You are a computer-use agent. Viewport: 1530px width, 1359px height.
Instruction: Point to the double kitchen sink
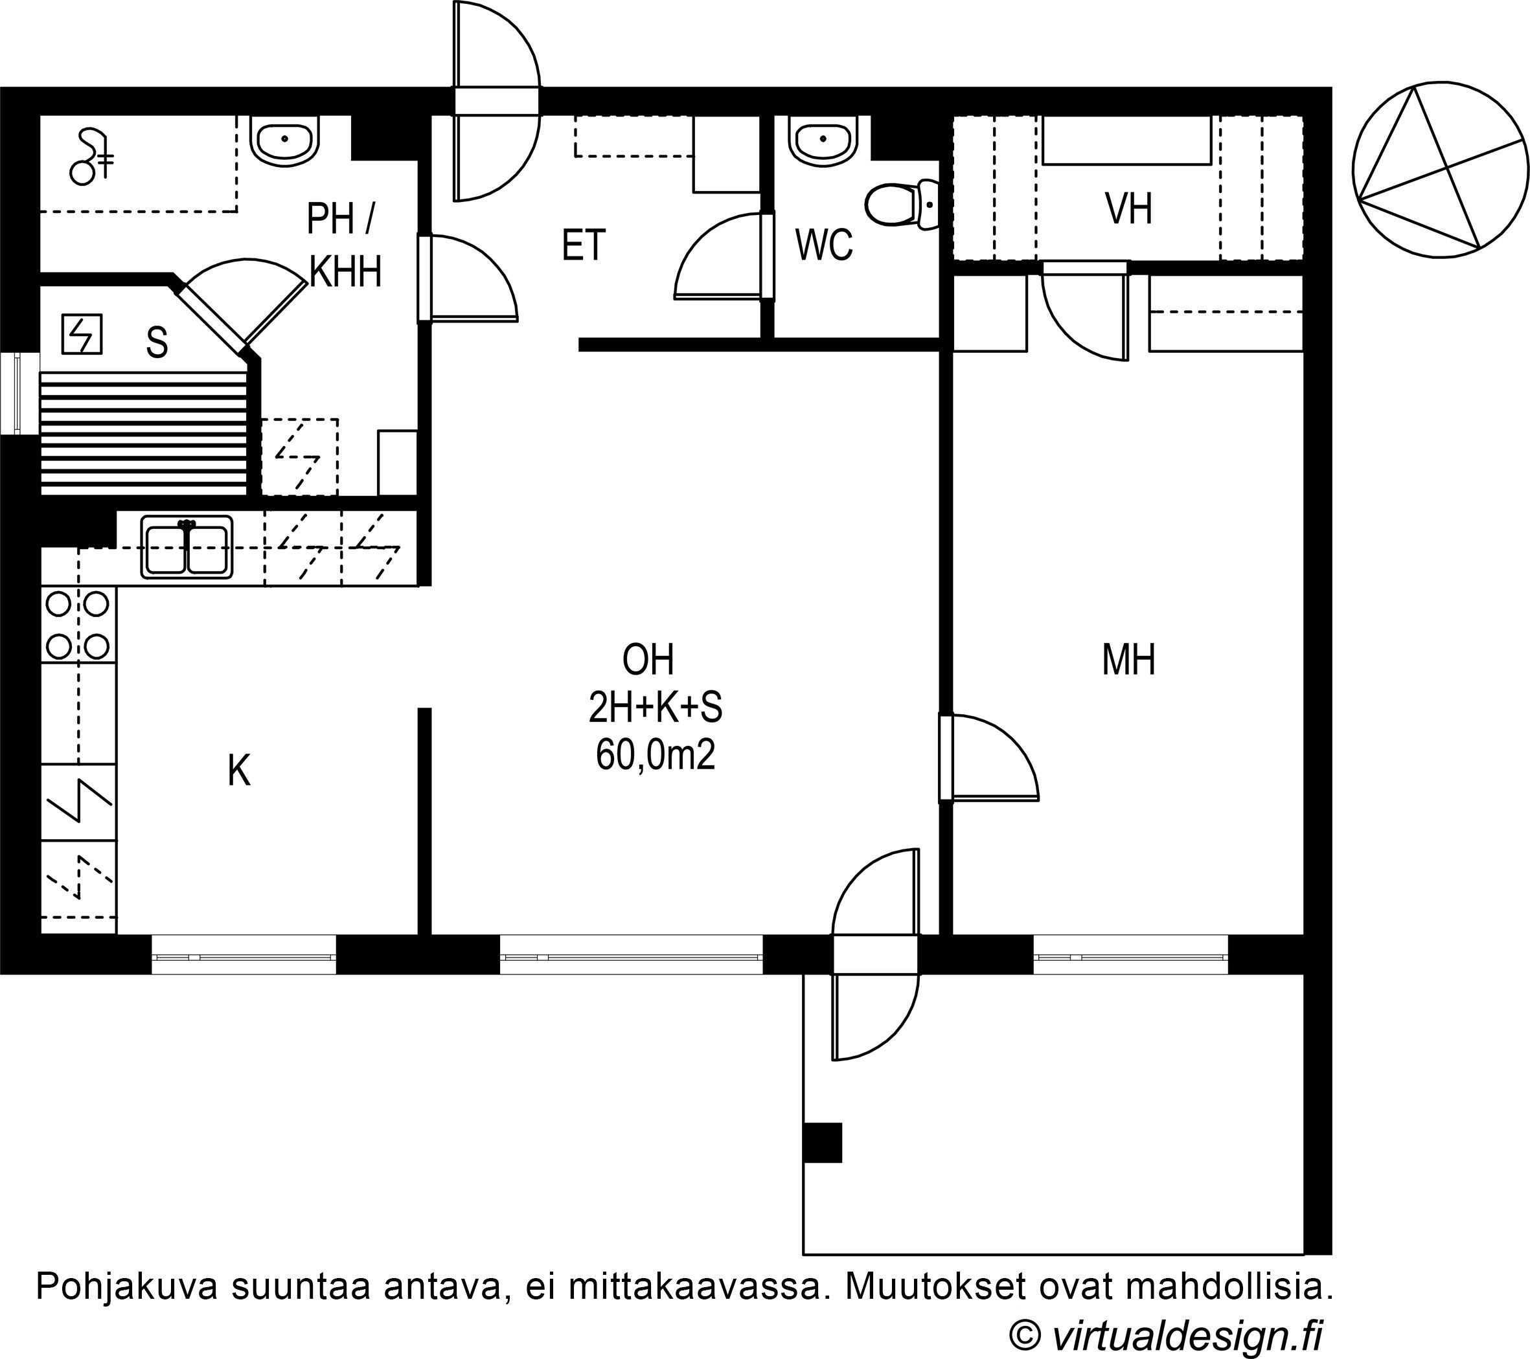[x=187, y=548]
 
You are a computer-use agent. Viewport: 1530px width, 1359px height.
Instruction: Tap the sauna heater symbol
[x=82, y=335]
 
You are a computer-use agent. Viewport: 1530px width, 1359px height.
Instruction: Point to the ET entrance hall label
[x=583, y=245]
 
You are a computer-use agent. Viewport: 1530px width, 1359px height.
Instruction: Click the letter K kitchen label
[x=239, y=771]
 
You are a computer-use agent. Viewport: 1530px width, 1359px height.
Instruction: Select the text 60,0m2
[x=656, y=755]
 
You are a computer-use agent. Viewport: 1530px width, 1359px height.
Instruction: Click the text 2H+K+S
[x=656, y=707]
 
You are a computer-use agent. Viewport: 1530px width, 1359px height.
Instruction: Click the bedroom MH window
[x=1131, y=955]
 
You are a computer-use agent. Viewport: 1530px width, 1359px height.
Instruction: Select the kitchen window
[x=244, y=955]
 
